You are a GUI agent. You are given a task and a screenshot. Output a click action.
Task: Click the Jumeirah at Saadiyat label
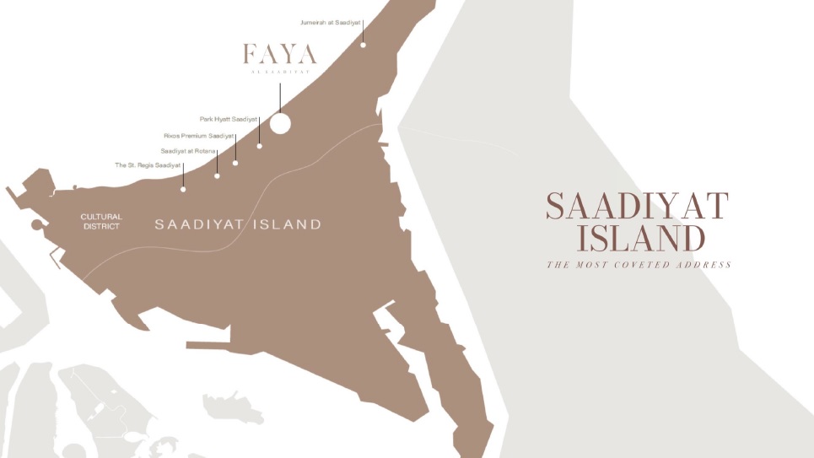point(332,21)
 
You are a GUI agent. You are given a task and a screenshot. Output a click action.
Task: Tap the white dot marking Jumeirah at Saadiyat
point(364,44)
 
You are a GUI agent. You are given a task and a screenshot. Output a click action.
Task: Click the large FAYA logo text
point(280,55)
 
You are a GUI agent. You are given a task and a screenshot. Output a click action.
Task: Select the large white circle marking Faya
point(279,123)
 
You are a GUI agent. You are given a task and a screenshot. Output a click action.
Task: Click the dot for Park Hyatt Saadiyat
point(259,146)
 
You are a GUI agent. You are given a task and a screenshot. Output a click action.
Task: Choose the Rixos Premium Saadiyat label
point(199,135)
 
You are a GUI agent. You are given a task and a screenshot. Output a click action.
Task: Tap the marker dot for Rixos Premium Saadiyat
point(235,163)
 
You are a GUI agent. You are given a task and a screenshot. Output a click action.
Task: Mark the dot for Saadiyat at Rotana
point(217,175)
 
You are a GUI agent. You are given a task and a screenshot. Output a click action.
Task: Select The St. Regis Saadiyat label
point(148,165)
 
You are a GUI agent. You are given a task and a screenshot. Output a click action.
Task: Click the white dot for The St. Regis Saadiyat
point(183,189)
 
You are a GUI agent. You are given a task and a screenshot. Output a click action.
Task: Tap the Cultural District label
point(100,222)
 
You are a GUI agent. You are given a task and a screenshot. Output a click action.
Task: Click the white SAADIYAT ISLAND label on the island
point(238,224)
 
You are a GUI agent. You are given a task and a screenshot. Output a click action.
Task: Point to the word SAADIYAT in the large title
point(637,207)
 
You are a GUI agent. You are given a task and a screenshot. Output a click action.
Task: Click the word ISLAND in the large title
point(640,239)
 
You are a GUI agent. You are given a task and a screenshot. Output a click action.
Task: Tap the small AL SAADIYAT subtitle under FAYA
point(281,73)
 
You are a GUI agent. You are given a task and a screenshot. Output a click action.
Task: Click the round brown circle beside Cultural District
point(37,225)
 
